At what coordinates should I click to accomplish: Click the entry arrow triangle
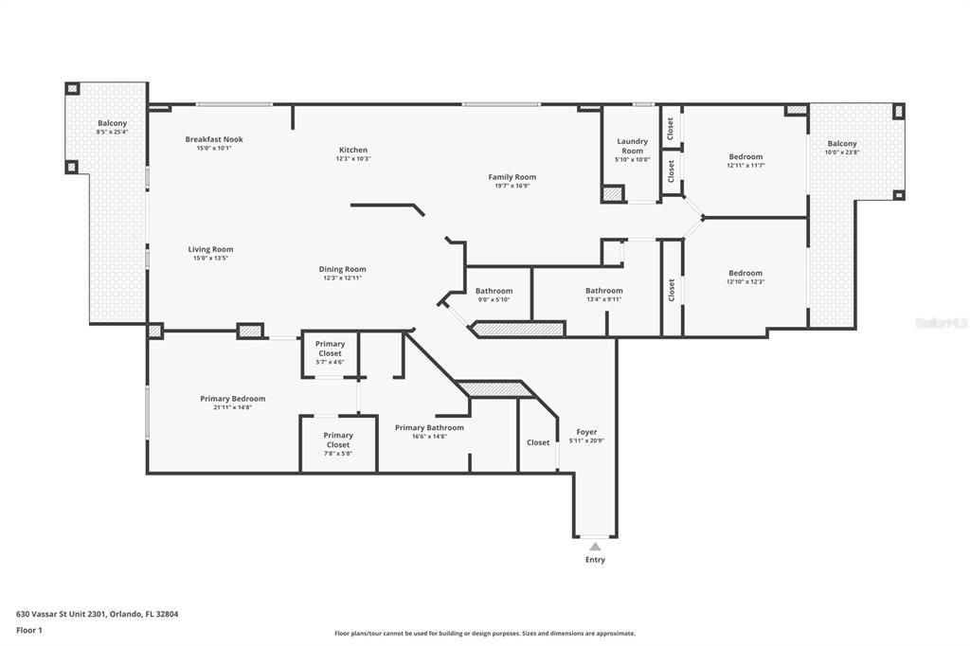pyautogui.click(x=595, y=547)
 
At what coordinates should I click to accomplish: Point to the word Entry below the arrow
pyautogui.click(x=595, y=560)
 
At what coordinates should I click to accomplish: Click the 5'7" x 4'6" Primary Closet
pyautogui.click(x=331, y=348)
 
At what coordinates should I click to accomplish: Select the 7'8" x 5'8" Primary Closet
pyautogui.click(x=338, y=440)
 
